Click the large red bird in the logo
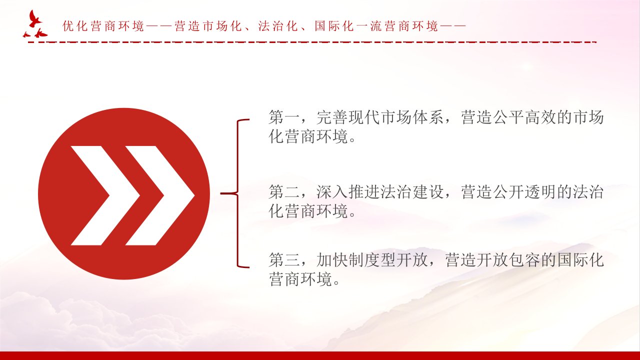click(x=34, y=19)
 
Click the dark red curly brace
click(x=235, y=193)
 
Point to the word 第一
click(x=284, y=117)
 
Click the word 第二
click(x=284, y=191)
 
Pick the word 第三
click(x=284, y=260)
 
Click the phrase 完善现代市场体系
click(x=380, y=117)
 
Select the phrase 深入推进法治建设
click(x=380, y=191)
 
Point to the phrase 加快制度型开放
click(x=372, y=260)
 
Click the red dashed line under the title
click(x=312, y=42)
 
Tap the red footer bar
click(x=320, y=355)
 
